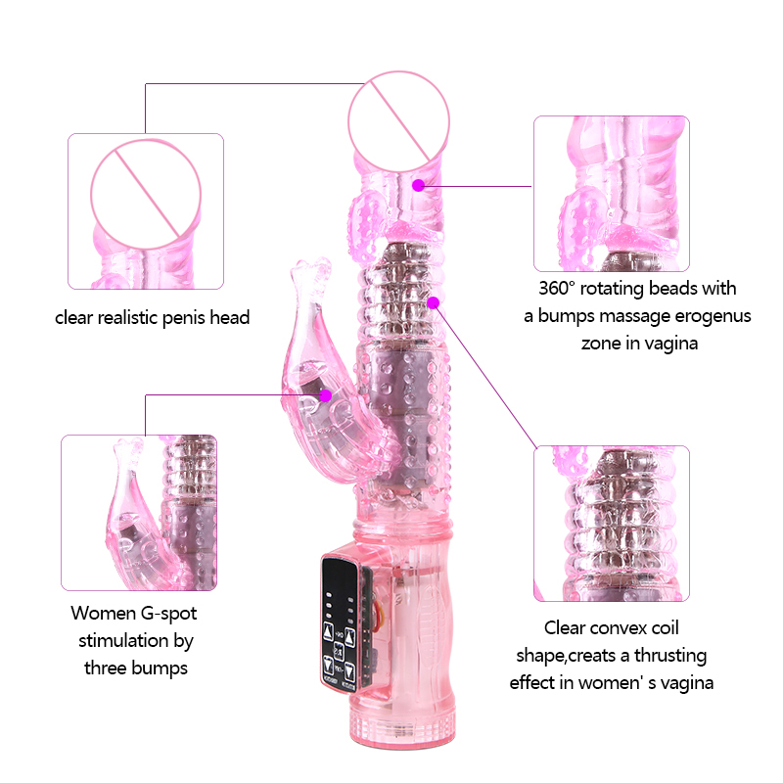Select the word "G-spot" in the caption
[169, 614]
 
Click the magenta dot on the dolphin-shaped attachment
[326, 395]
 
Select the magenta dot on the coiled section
[434, 302]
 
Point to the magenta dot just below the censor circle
[419, 185]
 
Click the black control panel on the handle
[340, 625]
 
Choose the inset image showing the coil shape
[612, 524]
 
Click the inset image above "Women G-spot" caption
[139, 513]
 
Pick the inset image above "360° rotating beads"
[612, 194]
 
